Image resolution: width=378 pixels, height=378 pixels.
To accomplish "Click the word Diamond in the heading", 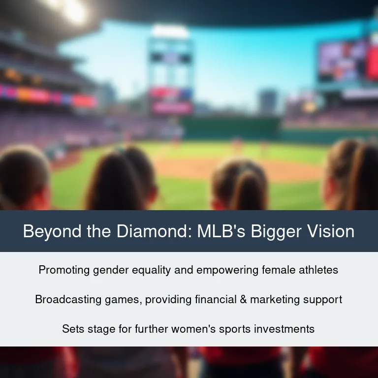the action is tap(154, 231).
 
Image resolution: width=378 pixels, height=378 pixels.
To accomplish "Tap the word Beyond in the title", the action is tap(52, 232).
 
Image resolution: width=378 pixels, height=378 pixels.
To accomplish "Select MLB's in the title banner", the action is tap(221, 231).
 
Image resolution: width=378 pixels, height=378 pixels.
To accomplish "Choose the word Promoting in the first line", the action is tap(64, 270).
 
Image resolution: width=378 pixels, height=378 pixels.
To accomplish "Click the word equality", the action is tap(152, 270).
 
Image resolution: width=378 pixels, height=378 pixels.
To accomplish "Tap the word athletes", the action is tap(318, 270).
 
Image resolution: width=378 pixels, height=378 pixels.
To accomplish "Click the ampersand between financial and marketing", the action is tap(244, 299).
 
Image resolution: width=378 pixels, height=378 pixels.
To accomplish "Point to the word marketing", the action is tap(275, 300).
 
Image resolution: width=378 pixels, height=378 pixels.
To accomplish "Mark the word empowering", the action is tap(227, 270).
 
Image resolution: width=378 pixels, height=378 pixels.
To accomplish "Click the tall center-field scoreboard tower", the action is tap(170, 70).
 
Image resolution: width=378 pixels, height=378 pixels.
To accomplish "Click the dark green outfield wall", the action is tap(231, 128).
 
